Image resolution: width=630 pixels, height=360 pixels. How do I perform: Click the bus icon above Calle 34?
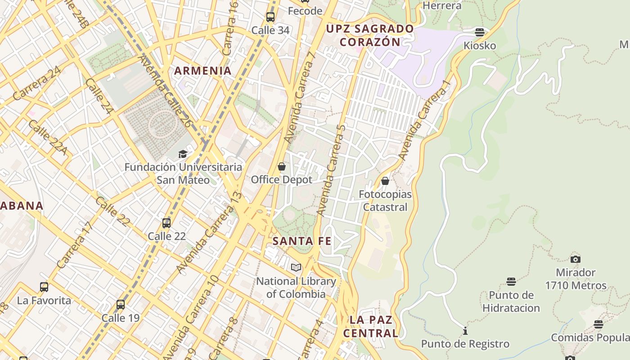pyautogui.click(x=270, y=17)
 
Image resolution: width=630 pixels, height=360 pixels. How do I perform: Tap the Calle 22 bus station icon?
pyautogui.click(x=166, y=223)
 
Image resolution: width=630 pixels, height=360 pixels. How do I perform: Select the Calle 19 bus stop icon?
pyautogui.click(x=121, y=305)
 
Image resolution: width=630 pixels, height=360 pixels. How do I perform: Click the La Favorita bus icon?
pyautogui.click(x=44, y=287)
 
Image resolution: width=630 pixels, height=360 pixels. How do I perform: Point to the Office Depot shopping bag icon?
pyautogui.click(x=282, y=167)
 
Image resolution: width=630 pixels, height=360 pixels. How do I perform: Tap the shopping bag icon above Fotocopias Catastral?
pyautogui.click(x=385, y=181)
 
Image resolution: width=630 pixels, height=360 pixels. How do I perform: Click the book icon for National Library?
pyautogui.click(x=296, y=268)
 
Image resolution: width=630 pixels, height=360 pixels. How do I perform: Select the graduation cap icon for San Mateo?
pyautogui.click(x=183, y=154)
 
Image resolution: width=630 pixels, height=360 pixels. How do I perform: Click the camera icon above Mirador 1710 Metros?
pyautogui.click(x=576, y=259)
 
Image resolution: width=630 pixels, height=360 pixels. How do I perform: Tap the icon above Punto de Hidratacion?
pyautogui.click(x=511, y=282)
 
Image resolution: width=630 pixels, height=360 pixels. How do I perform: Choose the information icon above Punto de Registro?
pyautogui.click(x=465, y=331)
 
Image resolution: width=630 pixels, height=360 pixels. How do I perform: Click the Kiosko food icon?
pyautogui.click(x=480, y=32)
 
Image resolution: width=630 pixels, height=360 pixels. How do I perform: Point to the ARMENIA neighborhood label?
pyautogui.click(x=203, y=71)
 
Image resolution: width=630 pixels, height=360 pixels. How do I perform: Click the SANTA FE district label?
pyautogui.click(x=302, y=241)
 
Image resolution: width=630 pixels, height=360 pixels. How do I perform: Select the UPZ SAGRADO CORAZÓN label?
pyautogui.click(x=370, y=35)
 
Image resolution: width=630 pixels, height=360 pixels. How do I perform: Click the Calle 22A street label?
pyautogui.click(x=47, y=137)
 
